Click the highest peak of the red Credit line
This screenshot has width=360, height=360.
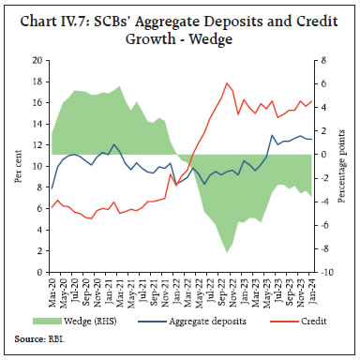pyautogui.click(x=227, y=83)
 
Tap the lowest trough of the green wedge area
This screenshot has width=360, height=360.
pyautogui.click(x=227, y=252)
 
